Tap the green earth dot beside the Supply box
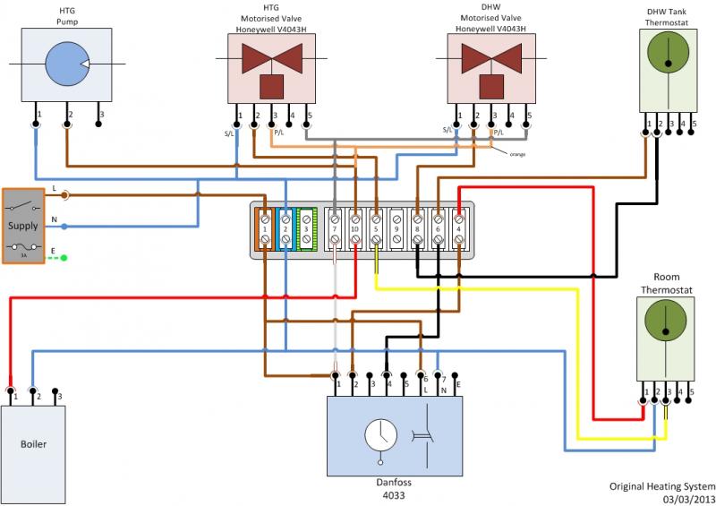point(64,258)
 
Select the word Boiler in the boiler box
point(33,444)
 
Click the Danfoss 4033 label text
point(395,488)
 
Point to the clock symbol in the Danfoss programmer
point(381,436)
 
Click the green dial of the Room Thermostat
point(667,326)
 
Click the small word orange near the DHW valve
point(518,154)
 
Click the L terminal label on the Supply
point(55,189)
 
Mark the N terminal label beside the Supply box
point(55,219)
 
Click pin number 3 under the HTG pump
point(101,115)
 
